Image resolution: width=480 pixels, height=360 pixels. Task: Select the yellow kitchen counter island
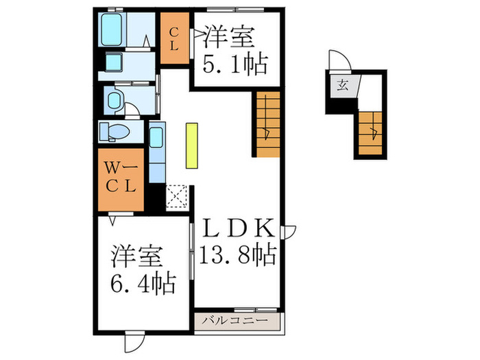pyautogui.click(x=191, y=145)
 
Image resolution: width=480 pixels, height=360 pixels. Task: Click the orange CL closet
pyautogui.click(x=174, y=38)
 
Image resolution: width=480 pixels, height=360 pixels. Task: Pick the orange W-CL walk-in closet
pyautogui.click(x=121, y=178)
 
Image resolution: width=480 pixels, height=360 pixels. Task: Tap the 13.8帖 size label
pyautogui.click(x=238, y=256)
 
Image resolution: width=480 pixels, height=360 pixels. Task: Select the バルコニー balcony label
pyautogui.click(x=238, y=320)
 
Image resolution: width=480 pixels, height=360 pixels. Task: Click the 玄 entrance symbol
pyautogui.click(x=341, y=86)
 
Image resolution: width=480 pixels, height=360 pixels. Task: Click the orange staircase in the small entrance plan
pyautogui.click(x=370, y=133)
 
